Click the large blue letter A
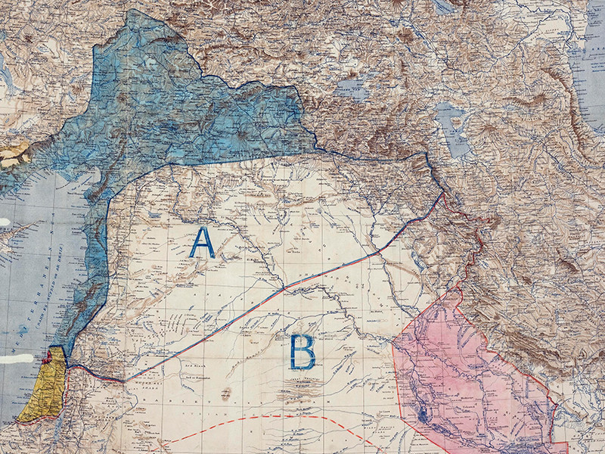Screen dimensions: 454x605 (x=202, y=243)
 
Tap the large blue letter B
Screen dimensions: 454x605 (x=302, y=353)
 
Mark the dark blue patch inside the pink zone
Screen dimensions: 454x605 (x=421, y=415)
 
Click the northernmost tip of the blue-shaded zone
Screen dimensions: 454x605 (x=136, y=11)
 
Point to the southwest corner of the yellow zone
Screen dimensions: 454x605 (x=20, y=420)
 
